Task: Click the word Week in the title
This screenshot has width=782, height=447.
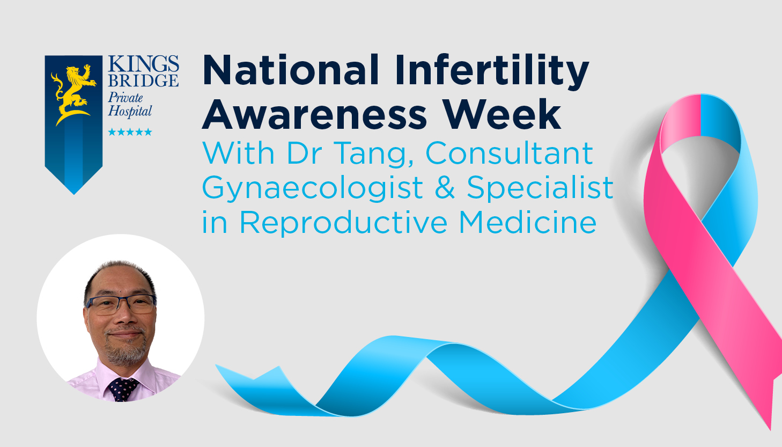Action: point(502,114)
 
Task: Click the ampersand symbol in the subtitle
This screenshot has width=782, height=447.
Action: point(445,187)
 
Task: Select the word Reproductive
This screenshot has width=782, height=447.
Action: point(343,223)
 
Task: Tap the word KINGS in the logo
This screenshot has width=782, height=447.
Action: point(144,63)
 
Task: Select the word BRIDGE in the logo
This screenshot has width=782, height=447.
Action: point(143,80)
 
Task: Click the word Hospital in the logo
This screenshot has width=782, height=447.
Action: point(130,112)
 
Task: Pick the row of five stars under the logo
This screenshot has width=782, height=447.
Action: point(130,131)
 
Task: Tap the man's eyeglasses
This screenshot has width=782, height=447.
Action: point(121,304)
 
